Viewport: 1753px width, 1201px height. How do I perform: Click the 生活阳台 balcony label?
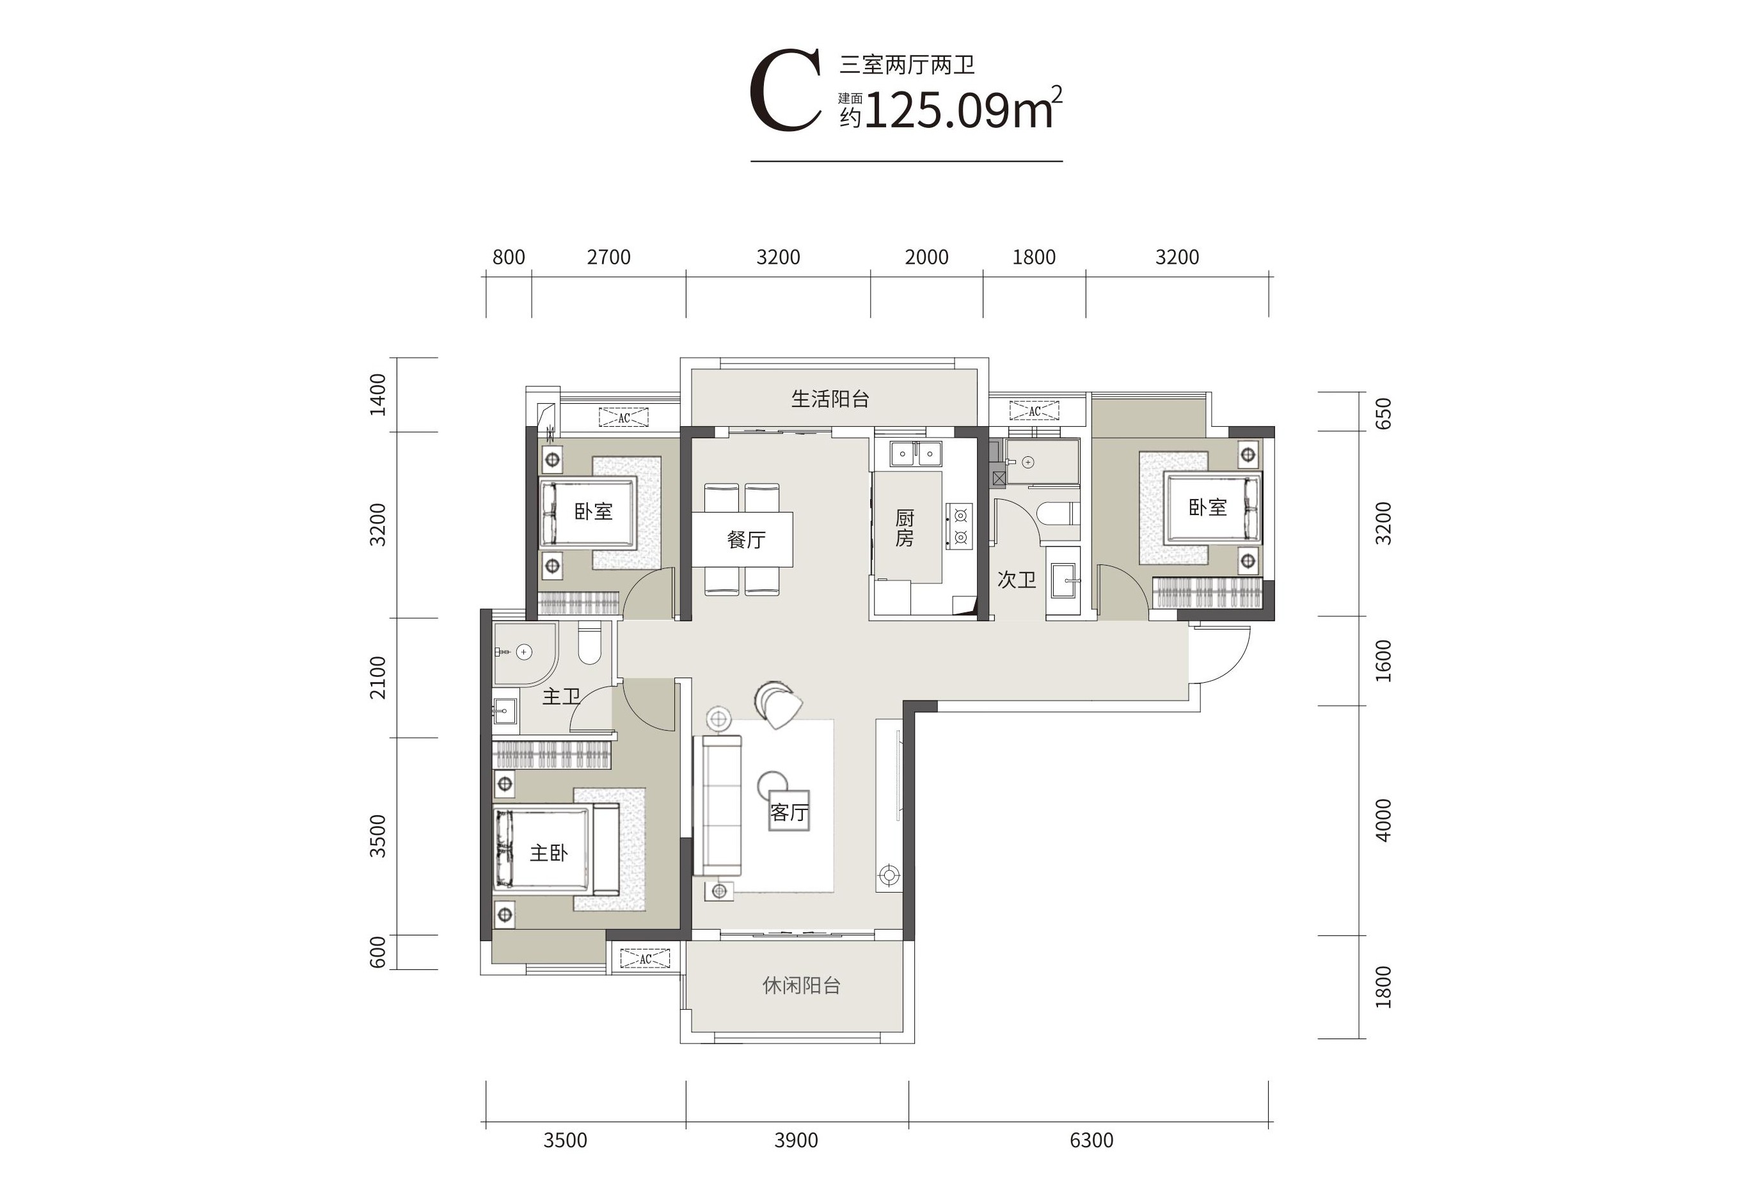click(830, 399)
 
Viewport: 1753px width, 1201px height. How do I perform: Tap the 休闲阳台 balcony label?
click(801, 985)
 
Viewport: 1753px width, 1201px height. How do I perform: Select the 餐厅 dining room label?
click(746, 539)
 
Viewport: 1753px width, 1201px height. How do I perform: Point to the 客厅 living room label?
click(789, 813)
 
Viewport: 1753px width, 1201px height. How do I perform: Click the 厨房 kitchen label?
click(905, 528)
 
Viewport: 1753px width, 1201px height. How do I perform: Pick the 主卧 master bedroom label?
click(548, 853)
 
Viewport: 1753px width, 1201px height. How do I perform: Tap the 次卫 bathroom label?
click(1016, 579)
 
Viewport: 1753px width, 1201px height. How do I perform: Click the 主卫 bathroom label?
click(561, 696)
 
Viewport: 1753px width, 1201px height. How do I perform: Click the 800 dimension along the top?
click(509, 257)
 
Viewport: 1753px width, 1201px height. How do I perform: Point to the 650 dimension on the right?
click(1383, 413)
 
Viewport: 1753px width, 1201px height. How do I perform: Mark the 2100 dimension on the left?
click(378, 678)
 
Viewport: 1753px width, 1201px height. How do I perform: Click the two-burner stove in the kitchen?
click(960, 527)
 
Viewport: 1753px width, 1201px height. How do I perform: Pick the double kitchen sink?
click(916, 454)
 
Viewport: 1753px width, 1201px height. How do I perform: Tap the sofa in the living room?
click(722, 806)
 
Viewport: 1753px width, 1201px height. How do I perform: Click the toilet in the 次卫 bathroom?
click(1058, 514)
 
